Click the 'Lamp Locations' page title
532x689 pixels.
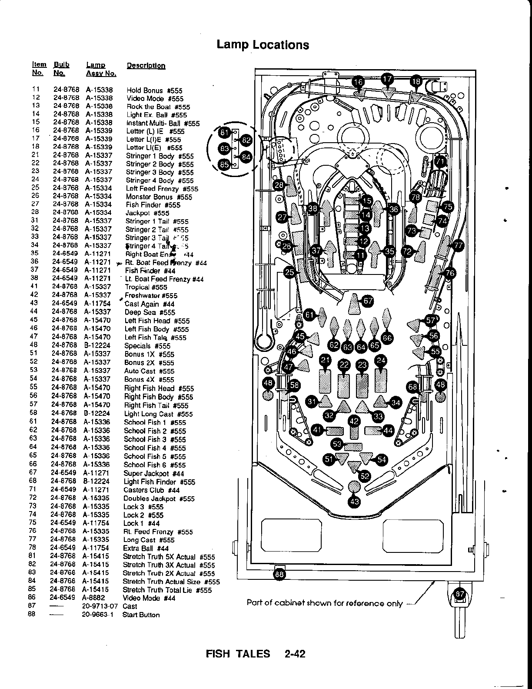click(x=263, y=45)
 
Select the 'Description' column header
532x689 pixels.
click(x=146, y=66)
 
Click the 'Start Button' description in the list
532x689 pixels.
click(x=141, y=615)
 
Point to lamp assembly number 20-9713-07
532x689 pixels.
click(x=100, y=606)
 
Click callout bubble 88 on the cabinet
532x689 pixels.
click(x=279, y=574)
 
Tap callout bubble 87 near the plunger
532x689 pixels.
click(x=460, y=594)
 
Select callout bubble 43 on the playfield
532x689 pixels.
click(x=354, y=502)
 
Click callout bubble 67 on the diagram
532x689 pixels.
click(x=368, y=301)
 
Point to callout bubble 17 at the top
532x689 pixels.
click(x=387, y=79)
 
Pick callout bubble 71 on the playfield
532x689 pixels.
click(x=440, y=161)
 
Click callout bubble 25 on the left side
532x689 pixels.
click(x=289, y=272)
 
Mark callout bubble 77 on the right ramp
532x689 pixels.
click(x=458, y=245)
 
